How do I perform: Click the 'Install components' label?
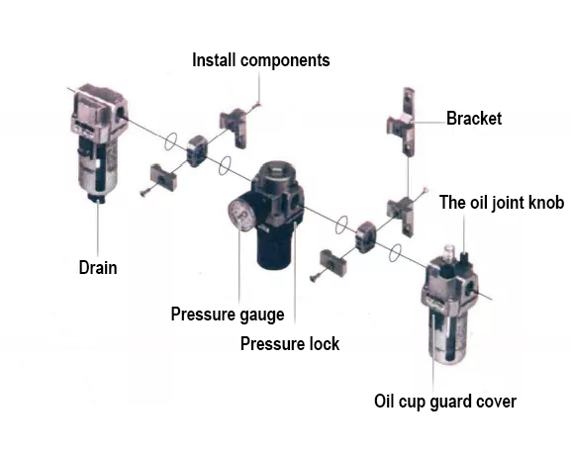pos(260,60)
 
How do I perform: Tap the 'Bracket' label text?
pos(474,119)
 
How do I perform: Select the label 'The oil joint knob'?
pos(502,203)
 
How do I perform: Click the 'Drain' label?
pos(98,267)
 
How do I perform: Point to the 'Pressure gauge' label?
pos(228,316)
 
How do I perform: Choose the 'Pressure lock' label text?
pos(290,344)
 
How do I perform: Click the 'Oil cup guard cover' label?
pos(444,402)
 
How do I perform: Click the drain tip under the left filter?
pos(97,200)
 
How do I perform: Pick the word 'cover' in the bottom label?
pos(495,402)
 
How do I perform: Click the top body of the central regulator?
pos(275,184)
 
